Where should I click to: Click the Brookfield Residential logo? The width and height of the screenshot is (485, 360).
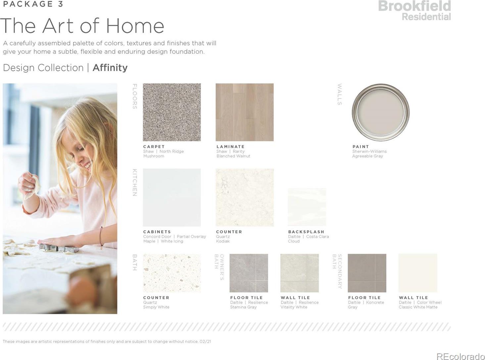tap(414, 11)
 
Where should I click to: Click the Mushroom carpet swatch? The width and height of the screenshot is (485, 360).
tap(171, 112)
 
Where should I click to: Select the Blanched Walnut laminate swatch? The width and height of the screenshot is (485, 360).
tap(244, 112)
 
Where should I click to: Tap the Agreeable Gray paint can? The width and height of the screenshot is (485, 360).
tap(380, 112)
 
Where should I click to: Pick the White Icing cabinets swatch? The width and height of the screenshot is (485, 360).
tap(171, 198)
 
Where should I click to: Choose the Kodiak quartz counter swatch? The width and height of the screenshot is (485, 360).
tap(244, 198)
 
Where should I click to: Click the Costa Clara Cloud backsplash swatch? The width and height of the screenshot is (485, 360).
tap(307, 207)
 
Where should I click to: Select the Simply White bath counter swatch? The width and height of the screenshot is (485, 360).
tap(171, 273)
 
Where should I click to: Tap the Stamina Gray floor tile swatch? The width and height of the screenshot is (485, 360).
tap(249, 273)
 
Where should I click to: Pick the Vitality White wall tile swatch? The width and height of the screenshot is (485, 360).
tap(300, 273)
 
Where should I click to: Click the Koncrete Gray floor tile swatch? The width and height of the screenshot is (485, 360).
tap(367, 273)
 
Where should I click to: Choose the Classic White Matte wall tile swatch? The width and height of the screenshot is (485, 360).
tap(418, 273)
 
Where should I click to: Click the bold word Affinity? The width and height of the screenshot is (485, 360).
tap(110, 68)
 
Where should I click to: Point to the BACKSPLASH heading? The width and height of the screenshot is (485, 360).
tap(306, 232)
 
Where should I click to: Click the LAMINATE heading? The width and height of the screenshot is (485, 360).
tap(230, 147)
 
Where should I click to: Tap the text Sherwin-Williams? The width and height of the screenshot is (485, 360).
tap(369, 151)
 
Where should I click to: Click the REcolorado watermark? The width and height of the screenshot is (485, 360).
tap(461, 356)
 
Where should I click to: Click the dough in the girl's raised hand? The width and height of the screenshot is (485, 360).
tap(33, 187)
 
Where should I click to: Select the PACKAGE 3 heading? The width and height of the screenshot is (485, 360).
tap(33, 4)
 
